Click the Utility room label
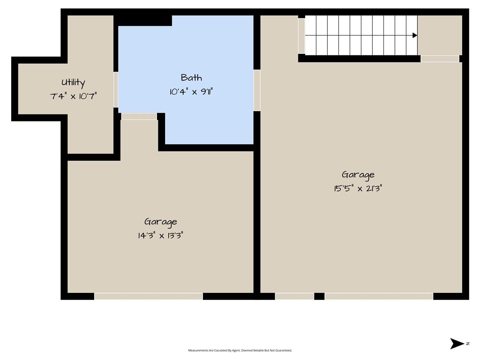(x=73, y=82)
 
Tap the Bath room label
(x=191, y=77)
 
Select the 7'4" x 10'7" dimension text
(x=74, y=97)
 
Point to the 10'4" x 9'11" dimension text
(x=191, y=91)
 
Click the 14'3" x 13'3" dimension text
(x=160, y=235)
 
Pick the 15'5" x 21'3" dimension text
(x=358, y=188)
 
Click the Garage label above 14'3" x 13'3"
(x=161, y=222)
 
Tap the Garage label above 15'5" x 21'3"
(x=358, y=175)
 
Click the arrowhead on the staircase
(x=415, y=35)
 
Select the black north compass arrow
(x=457, y=344)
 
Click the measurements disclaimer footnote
(x=240, y=350)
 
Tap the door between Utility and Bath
(x=116, y=90)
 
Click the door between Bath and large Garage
(x=257, y=90)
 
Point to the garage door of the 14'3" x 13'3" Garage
(x=149, y=296)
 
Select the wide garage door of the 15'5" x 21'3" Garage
(x=379, y=296)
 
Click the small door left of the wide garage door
(x=294, y=296)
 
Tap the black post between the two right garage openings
(x=319, y=296)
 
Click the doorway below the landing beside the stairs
(x=440, y=59)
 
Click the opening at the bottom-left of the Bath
(x=139, y=117)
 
